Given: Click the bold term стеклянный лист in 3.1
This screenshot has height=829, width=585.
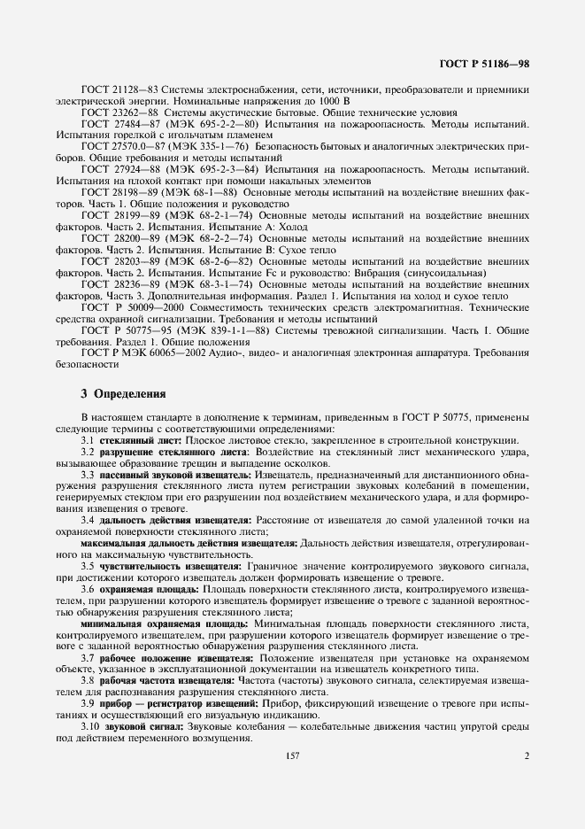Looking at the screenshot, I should pos(141,440).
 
